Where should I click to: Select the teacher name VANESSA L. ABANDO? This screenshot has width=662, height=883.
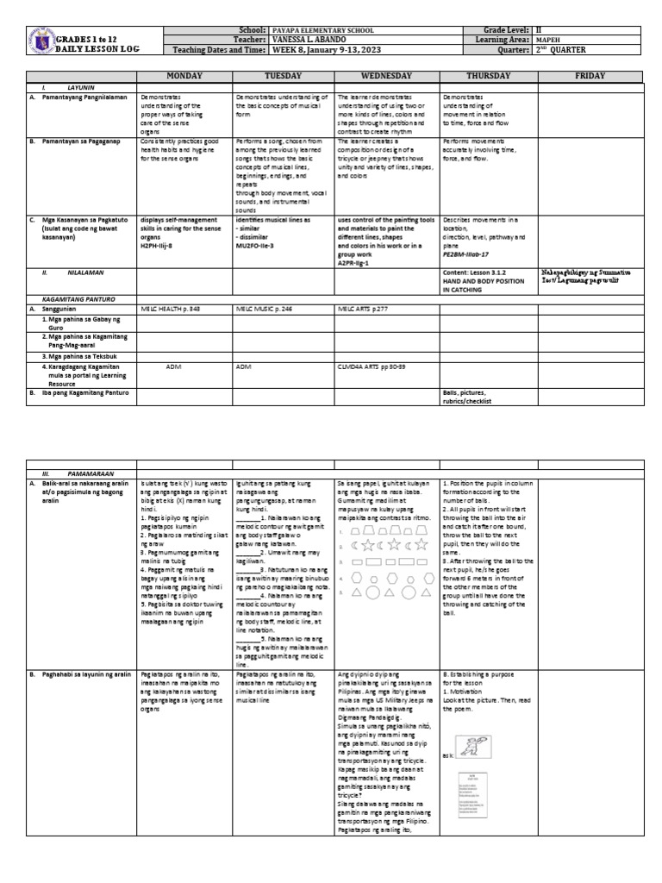(310, 40)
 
